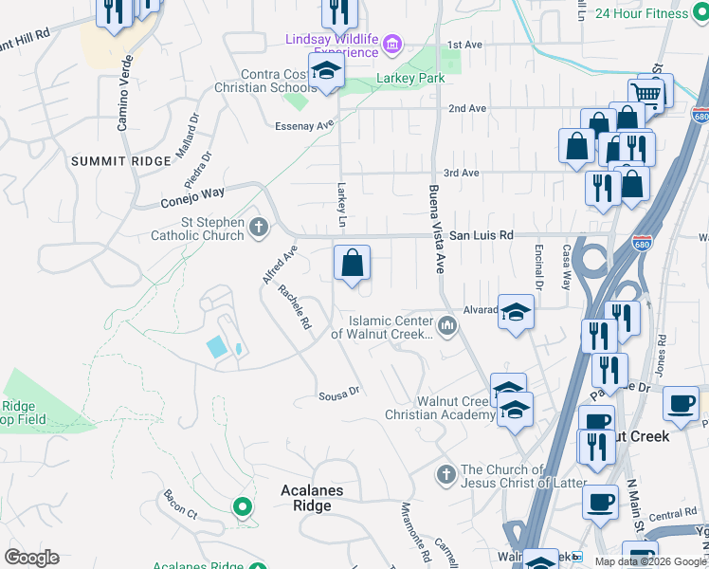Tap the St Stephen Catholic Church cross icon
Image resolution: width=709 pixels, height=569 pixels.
coord(259,227)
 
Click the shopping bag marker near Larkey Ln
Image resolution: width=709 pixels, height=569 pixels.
coord(352,263)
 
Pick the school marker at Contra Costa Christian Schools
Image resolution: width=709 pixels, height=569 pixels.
coord(326,72)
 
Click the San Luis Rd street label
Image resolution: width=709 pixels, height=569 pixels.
coord(481,234)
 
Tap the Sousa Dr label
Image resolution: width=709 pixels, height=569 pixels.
coord(339,391)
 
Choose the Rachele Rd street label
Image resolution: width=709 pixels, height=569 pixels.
coord(295,308)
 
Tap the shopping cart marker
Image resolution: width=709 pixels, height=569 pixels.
coord(645,93)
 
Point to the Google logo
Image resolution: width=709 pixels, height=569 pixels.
coord(31,558)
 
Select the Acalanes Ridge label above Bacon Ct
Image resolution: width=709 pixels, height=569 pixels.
coord(312,498)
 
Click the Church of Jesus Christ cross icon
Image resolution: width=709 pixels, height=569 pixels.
coord(446,472)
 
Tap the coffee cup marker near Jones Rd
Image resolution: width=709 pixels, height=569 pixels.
coord(680,403)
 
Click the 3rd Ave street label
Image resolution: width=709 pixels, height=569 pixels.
coord(462,173)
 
